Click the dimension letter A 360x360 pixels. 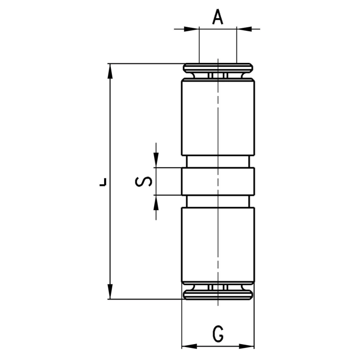(217, 18)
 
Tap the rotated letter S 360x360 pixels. (144, 181)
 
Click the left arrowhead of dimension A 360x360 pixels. (192, 29)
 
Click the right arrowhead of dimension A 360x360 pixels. (244, 29)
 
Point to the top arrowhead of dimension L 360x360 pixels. (110, 72)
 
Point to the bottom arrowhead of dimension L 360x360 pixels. (110, 291)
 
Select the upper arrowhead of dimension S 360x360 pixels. (156, 160)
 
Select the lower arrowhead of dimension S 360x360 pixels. (156, 203)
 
